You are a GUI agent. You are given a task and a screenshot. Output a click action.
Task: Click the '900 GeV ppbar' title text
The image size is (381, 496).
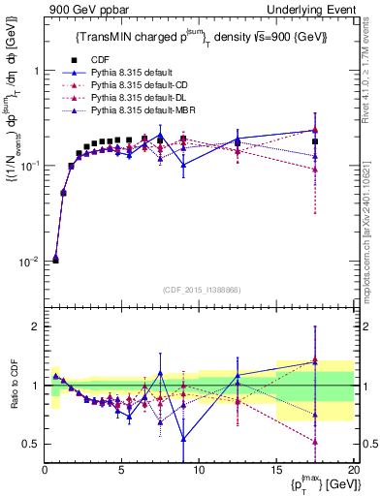82,9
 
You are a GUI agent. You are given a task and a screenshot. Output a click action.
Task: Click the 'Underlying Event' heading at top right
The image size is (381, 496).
310,9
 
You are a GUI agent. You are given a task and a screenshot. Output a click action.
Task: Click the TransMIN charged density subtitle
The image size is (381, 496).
200,38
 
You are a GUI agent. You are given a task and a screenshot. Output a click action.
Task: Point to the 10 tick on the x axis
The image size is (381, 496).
199,468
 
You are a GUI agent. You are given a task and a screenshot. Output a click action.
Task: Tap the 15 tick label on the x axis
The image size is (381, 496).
276,468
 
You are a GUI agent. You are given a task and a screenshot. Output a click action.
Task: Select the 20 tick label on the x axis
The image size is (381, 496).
353,468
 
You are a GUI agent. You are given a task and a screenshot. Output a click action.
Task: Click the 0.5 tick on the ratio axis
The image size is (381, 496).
31,444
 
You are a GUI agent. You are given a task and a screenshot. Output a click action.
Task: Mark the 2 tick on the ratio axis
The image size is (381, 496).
35,326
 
